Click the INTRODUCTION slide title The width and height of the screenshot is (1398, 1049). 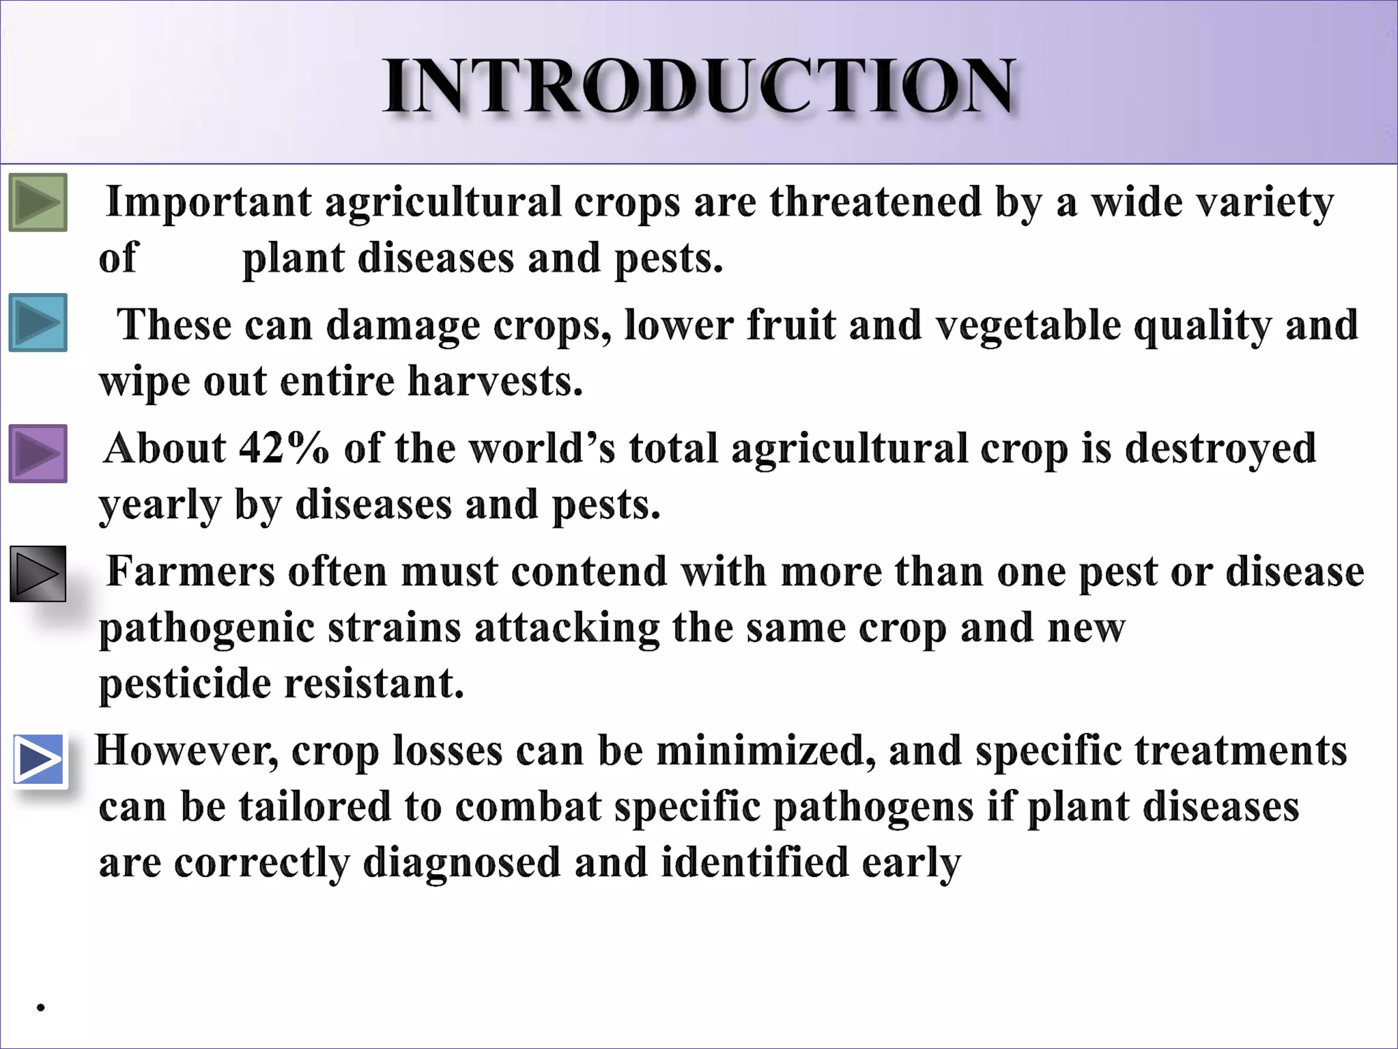pyautogui.click(x=699, y=86)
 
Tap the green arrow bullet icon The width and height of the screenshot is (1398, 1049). pyautogui.click(x=38, y=202)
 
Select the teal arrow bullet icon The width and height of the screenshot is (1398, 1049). pyautogui.click(x=38, y=322)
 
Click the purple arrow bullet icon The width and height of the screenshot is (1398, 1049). pyautogui.click(x=38, y=453)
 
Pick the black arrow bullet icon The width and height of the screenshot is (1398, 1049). pyautogui.click(x=38, y=574)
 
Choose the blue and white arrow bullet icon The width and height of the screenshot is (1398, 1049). pyautogui.click(x=39, y=759)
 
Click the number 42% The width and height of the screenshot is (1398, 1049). pyautogui.click(x=284, y=449)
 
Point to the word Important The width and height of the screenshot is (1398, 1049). pyautogui.click(x=209, y=203)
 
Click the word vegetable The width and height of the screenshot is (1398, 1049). pyautogui.click(x=1027, y=326)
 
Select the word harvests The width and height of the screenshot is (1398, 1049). pyautogui.click(x=495, y=381)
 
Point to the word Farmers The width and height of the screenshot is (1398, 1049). pyautogui.click(x=190, y=572)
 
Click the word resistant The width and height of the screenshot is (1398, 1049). pyautogui.click(x=373, y=683)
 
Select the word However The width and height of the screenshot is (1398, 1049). pyautogui.click(x=186, y=751)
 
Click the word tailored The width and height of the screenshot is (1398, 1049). pyautogui.click(x=314, y=807)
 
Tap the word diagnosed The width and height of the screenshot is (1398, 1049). pyautogui.click(x=461, y=863)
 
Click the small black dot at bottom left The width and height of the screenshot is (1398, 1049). pyautogui.click(x=41, y=1007)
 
